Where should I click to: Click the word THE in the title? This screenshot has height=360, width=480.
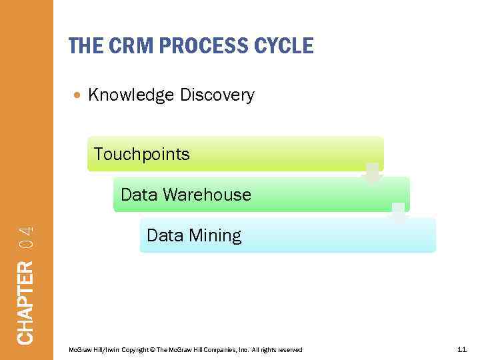click(x=84, y=45)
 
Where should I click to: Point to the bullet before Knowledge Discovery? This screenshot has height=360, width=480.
click(x=79, y=95)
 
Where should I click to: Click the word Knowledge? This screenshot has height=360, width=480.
click(x=131, y=95)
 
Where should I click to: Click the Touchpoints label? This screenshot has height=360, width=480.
click(x=142, y=154)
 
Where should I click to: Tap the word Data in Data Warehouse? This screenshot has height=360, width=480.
click(x=139, y=195)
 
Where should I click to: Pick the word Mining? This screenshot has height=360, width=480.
click(x=215, y=235)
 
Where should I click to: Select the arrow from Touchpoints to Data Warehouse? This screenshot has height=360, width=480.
click(x=373, y=173)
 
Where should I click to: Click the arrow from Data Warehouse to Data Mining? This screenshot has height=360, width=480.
click(x=399, y=214)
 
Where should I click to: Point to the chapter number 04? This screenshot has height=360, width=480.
click(x=25, y=237)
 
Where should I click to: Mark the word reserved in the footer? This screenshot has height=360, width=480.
click(x=289, y=350)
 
